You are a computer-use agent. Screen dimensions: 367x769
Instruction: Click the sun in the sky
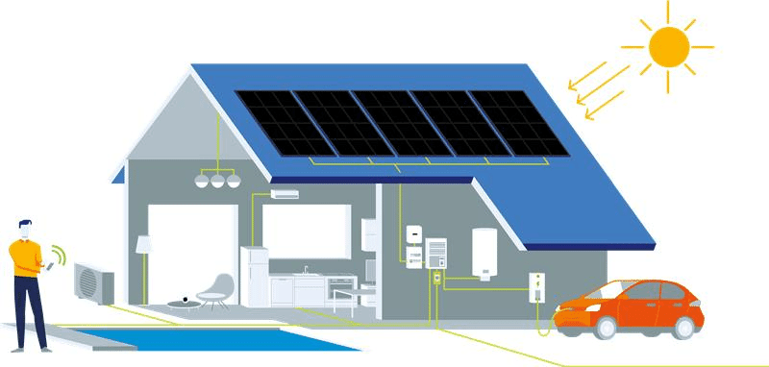pyautogui.click(x=668, y=45)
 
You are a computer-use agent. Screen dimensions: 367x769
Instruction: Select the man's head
pyautogui.click(x=27, y=231)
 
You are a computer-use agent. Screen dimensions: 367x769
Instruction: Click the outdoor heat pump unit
pyautogui.click(x=93, y=282)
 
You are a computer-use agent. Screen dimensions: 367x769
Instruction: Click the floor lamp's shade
pyautogui.click(x=143, y=244)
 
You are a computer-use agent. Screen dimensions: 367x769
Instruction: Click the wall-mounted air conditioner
pyautogui.click(x=285, y=194)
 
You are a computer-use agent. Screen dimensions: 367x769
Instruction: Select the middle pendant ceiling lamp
pyautogui.click(x=217, y=181)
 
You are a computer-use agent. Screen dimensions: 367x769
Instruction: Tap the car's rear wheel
pyautogui.click(x=684, y=327)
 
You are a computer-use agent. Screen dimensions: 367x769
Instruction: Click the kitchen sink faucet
pyautogui.click(x=306, y=269)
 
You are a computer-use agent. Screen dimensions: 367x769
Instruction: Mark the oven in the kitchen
pyautogui.click(x=340, y=289)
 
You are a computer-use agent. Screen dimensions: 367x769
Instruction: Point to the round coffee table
pyautogui.click(x=182, y=304)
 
